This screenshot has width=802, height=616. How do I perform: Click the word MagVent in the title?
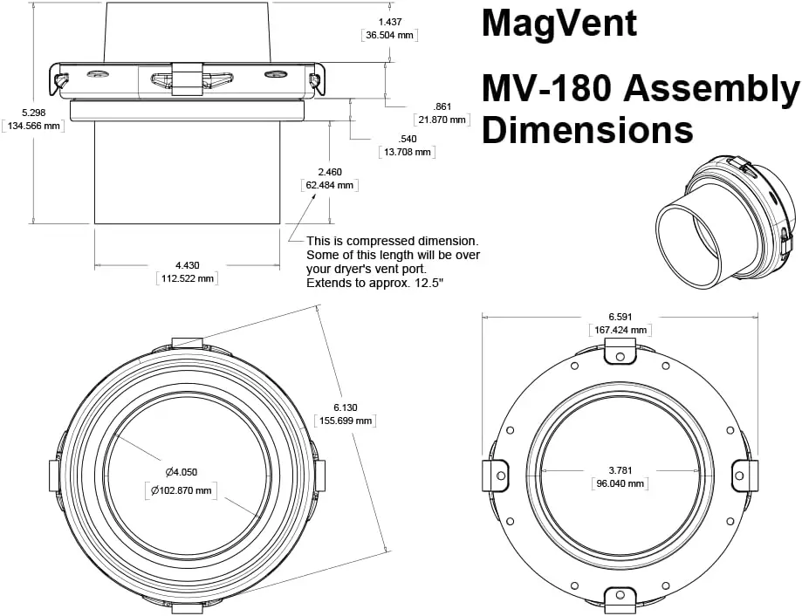pos(559,23)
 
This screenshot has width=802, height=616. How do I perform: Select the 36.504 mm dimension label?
pos(389,36)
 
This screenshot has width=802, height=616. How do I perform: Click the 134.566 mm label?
pos(35,127)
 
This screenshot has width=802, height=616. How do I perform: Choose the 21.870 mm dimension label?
pos(442,120)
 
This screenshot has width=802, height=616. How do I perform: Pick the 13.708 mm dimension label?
pos(407,152)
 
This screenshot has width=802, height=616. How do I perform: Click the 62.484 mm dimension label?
pos(329,185)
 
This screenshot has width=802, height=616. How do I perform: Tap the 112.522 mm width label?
pos(187,278)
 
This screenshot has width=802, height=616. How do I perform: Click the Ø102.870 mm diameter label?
pos(181,490)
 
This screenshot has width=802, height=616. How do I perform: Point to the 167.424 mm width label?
pos(620,330)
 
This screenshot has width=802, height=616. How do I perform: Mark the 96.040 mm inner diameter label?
pos(620,483)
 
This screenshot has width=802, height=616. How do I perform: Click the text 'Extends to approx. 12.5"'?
pos(375,284)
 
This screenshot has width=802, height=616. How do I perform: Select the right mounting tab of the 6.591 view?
pos(743,476)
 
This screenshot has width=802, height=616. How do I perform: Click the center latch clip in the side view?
pos(187,79)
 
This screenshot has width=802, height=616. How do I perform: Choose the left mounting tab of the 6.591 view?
pos(497,476)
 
